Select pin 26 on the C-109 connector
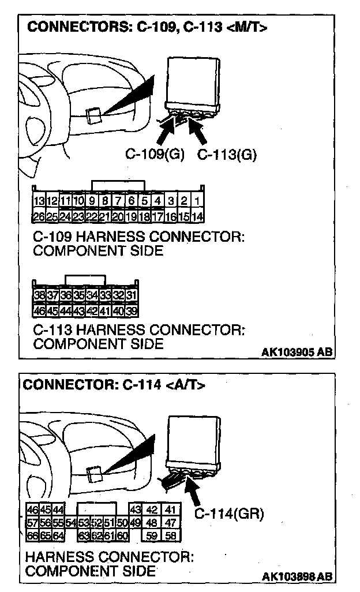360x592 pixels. point(39,217)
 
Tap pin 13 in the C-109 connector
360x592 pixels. point(39,201)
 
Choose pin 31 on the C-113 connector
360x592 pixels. point(132,294)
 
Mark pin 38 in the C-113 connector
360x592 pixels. point(40,294)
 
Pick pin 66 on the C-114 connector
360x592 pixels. point(32,535)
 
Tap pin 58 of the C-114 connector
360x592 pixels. point(170,535)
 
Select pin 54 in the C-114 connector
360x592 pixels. point(71,523)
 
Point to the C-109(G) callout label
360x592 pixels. point(155,154)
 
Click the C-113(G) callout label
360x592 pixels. point(227,154)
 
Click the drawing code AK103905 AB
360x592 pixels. point(297,351)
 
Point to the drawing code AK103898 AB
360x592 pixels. point(297,576)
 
